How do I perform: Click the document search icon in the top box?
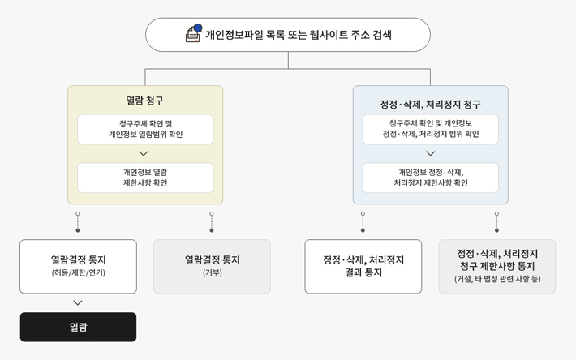click(x=194, y=33)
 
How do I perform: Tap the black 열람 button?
click(x=78, y=327)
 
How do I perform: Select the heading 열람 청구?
click(x=144, y=101)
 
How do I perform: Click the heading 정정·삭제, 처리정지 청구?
click(x=430, y=105)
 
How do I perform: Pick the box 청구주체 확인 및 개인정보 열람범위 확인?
click(x=145, y=129)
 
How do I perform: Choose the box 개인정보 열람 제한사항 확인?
click(x=145, y=178)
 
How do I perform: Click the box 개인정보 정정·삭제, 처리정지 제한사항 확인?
click(x=431, y=178)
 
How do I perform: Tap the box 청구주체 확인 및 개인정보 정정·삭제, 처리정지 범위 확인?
click(x=431, y=129)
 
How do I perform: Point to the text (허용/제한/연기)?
click(x=78, y=272)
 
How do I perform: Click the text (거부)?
click(x=213, y=272)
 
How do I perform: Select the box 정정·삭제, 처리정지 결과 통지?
click(x=363, y=267)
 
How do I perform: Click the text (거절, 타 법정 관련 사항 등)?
click(x=497, y=279)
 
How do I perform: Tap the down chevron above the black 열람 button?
click(x=78, y=302)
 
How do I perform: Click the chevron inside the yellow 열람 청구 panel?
click(x=144, y=153)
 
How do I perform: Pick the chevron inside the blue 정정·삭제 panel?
click(x=431, y=153)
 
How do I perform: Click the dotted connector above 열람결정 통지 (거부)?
click(x=212, y=222)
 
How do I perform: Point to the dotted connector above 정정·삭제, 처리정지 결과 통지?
click(x=363, y=222)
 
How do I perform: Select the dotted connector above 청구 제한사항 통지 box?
click(x=496, y=222)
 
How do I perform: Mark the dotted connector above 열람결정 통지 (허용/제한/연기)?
click(x=78, y=222)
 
